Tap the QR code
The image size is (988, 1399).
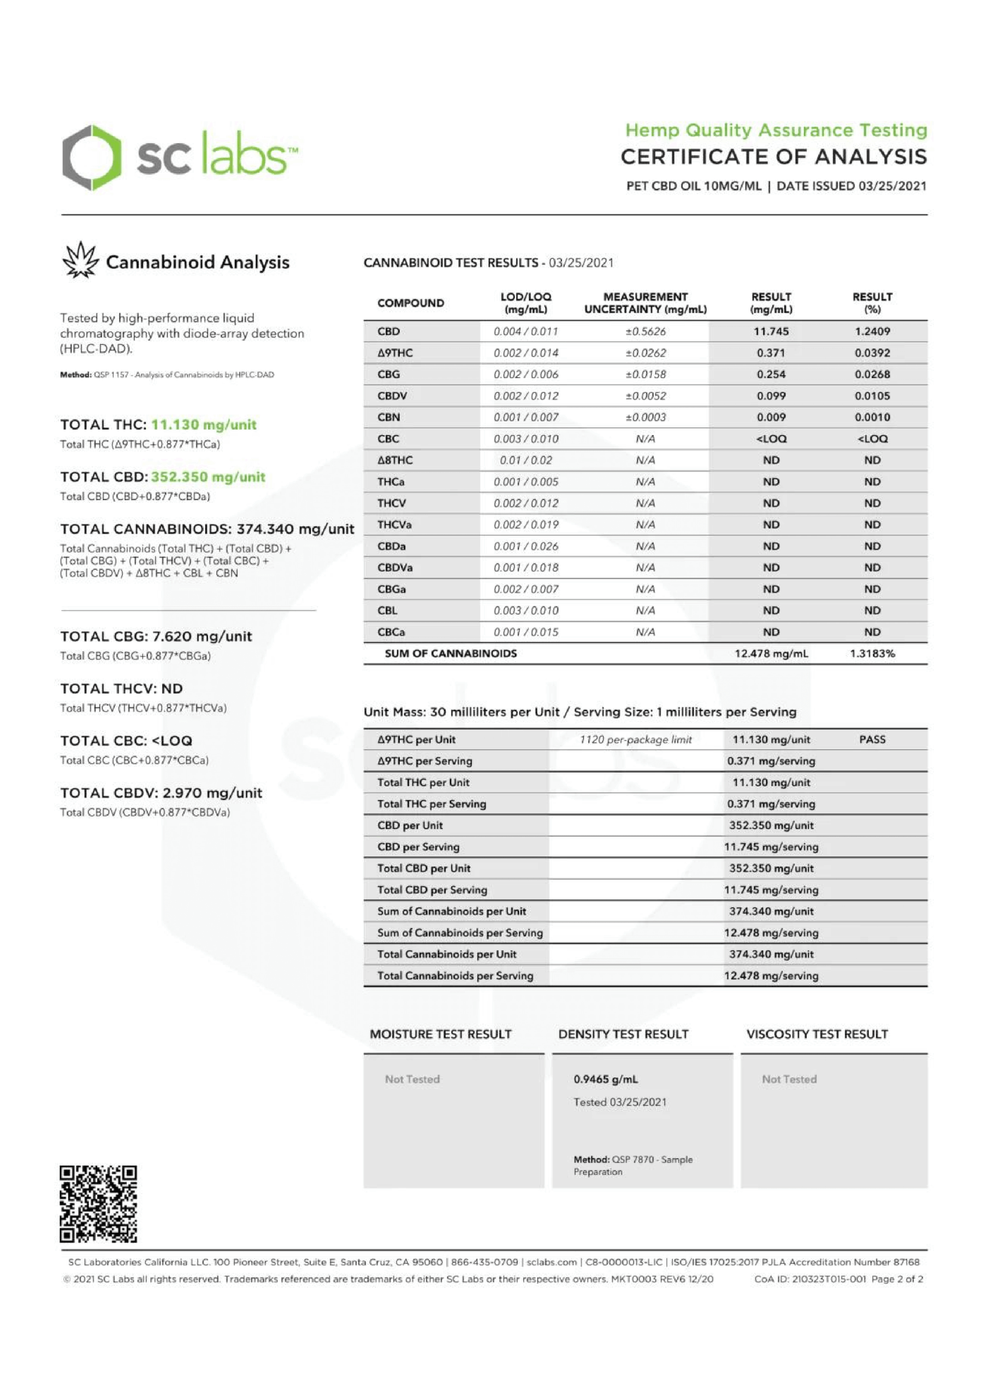98,1204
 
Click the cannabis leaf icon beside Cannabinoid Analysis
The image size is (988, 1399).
80,260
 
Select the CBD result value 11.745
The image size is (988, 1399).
771,332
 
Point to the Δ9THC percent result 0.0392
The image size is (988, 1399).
872,353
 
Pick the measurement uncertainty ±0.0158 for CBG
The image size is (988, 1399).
645,374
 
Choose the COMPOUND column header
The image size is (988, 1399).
411,303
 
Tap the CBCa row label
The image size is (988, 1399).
391,632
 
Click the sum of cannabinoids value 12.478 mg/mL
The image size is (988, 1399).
771,653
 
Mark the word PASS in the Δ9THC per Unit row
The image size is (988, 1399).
872,739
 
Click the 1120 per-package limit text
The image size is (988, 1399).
635,739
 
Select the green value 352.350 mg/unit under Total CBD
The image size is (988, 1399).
208,477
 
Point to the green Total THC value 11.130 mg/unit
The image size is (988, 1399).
204,424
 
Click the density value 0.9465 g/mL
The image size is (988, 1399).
606,1079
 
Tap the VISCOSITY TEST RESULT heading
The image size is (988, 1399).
817,1034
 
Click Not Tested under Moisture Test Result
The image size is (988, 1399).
412,1079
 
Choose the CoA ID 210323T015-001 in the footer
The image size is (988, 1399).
809,1279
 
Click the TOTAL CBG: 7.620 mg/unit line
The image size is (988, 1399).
156,636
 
